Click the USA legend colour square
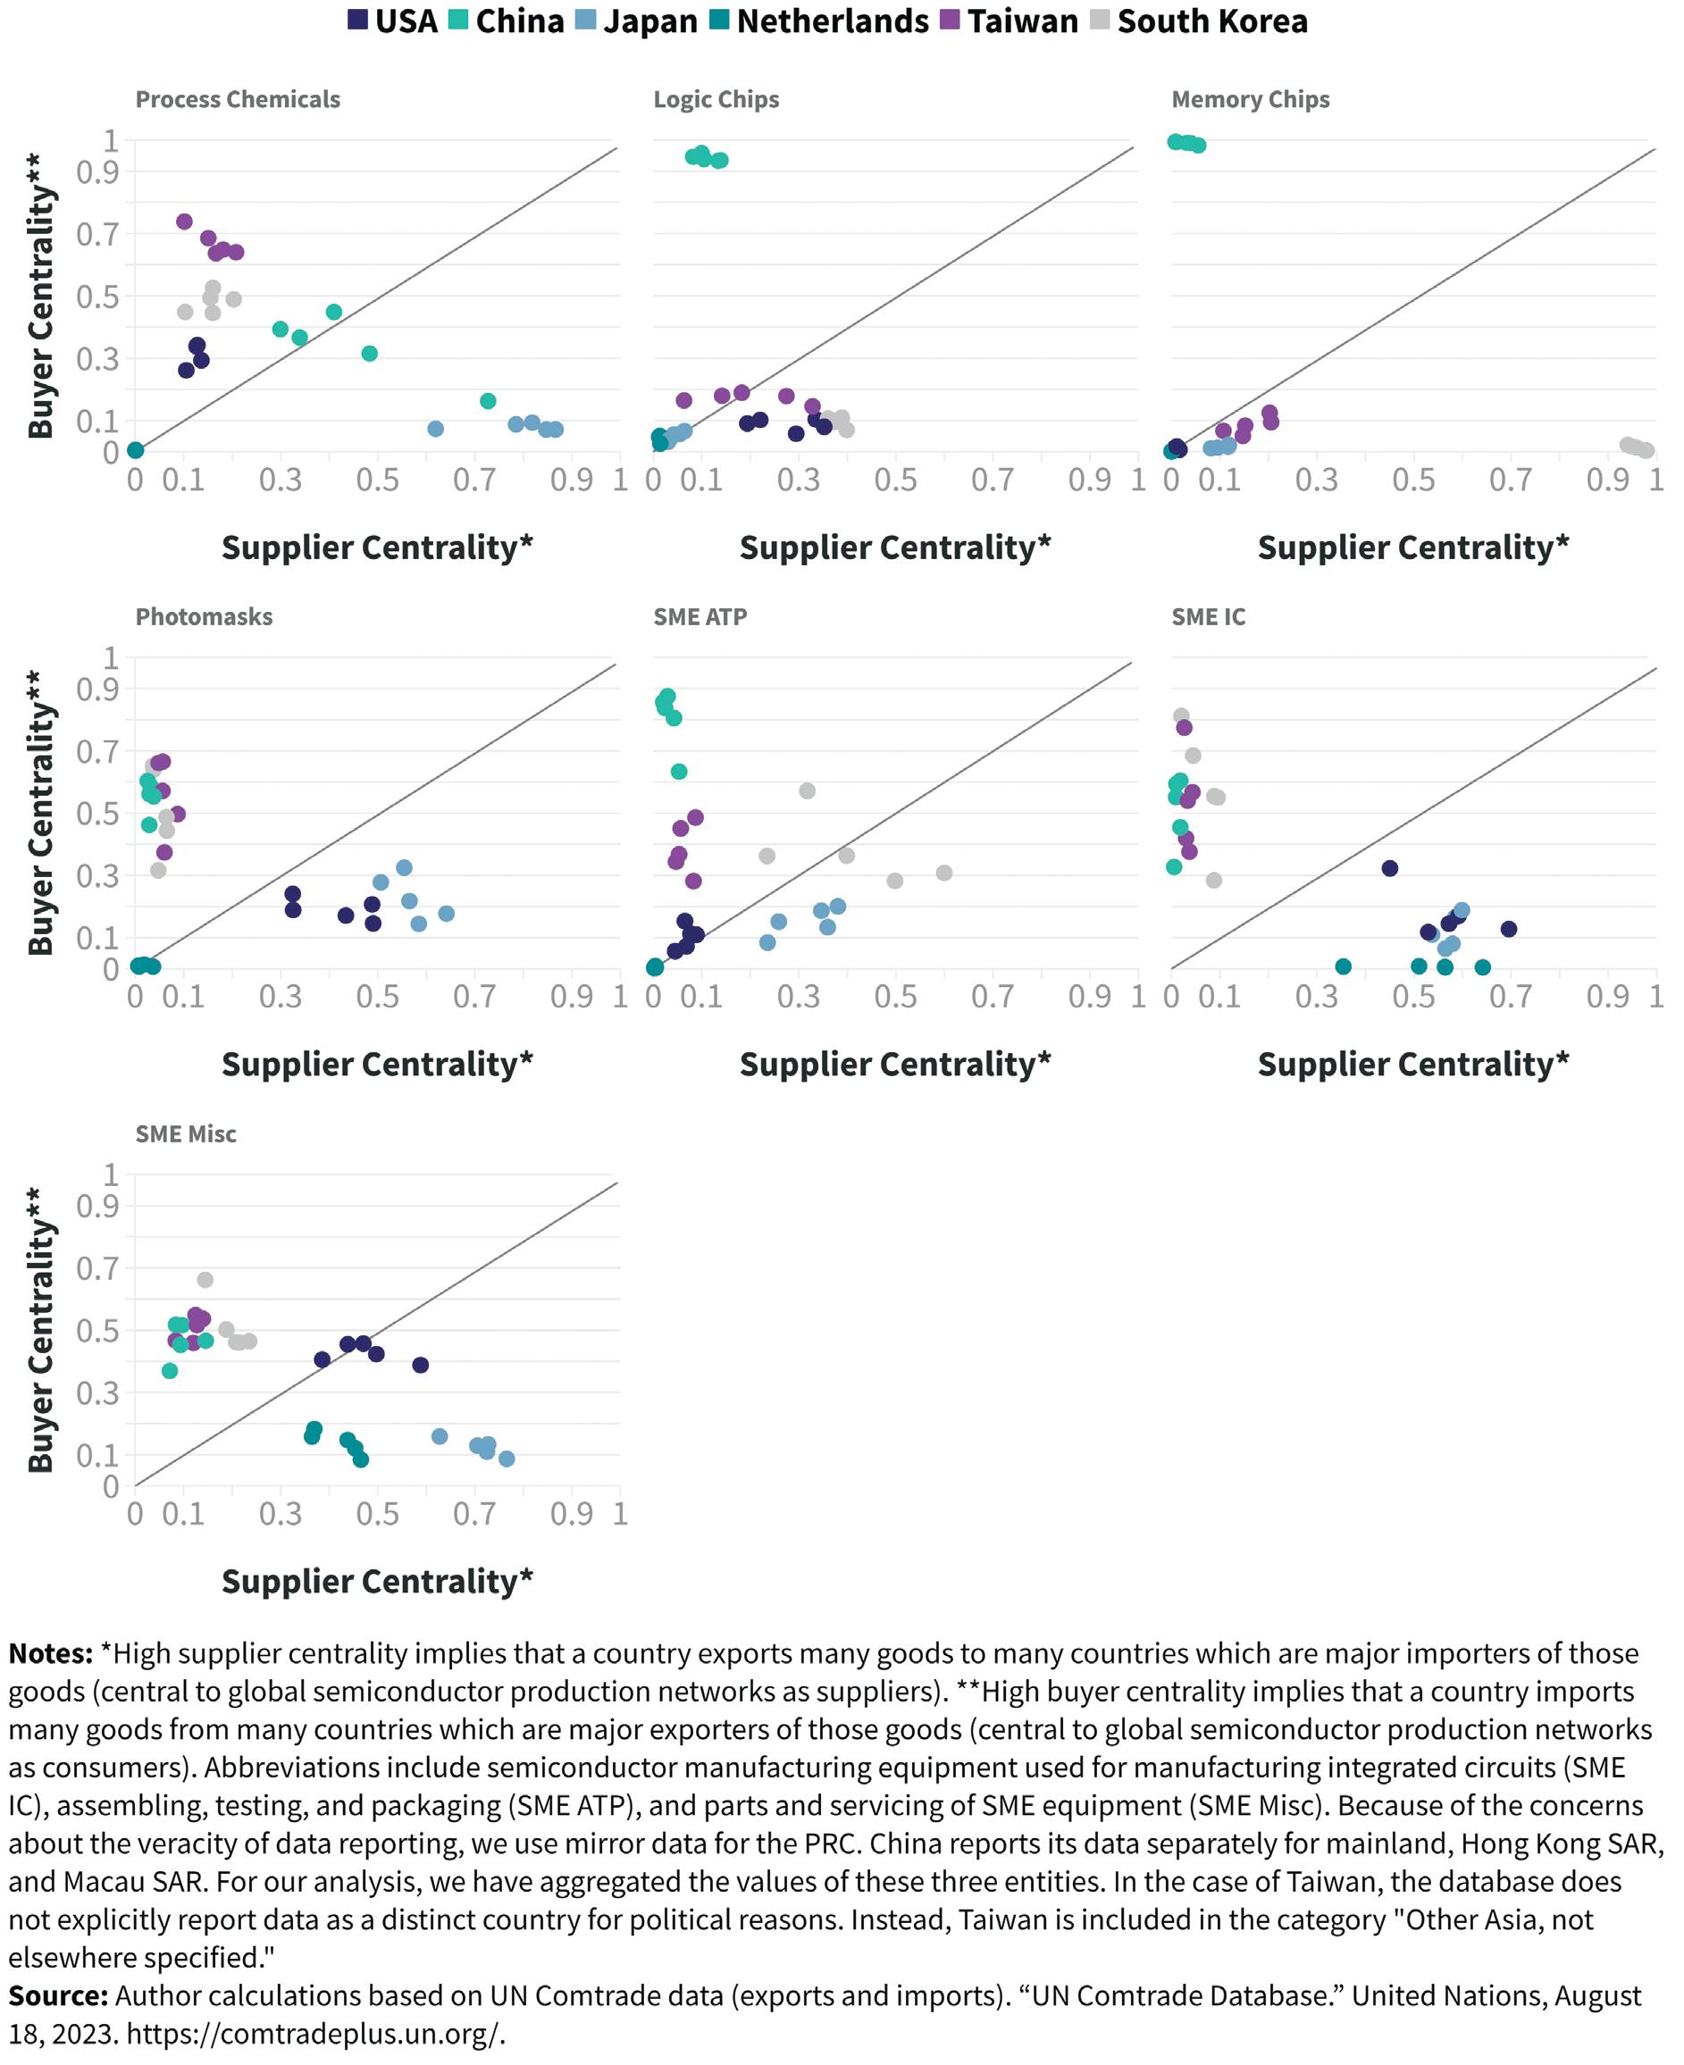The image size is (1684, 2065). (x=358, y=20)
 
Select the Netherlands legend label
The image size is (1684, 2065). (x=833, y=21)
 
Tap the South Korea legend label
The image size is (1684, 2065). (x=1211, y=21)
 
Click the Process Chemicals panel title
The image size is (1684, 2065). (x=238, y=99)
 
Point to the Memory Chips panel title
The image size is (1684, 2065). (x=1250, y=99)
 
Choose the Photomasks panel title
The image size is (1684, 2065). (x=204, y=616)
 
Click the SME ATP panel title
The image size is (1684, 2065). (x=700, y=616)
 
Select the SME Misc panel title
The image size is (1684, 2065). (x=185, y=1133)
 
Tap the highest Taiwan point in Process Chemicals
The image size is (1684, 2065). (x=184, y=222)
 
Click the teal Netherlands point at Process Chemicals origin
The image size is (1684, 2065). (x=136, y=450)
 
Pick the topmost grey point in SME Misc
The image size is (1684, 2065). (x=205, y=1279)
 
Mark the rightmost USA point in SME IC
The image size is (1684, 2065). (x=1507, y=928)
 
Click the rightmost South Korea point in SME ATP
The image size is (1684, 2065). (x=944, y=872)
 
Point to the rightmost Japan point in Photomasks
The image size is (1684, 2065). (x=446, y=913)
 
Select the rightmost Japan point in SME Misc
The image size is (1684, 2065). (x=507, y=1458)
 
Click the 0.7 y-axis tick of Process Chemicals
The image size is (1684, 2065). (x=97, y=234)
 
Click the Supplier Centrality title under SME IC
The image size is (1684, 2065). (x=1412, y=1064)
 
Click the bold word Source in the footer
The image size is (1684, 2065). (x=57, y=1995)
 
